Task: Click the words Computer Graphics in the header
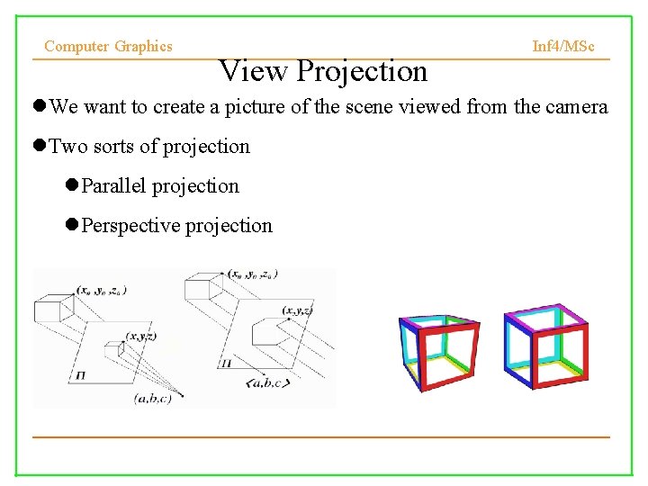click(108, 46)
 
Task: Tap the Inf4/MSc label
click(563, 46)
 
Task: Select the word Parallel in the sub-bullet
click(113, 186)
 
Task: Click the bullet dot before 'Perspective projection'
click(72, 226)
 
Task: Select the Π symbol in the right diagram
click(224, 364)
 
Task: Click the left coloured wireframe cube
click(438, 353)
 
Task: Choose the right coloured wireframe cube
click(546, 346)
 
